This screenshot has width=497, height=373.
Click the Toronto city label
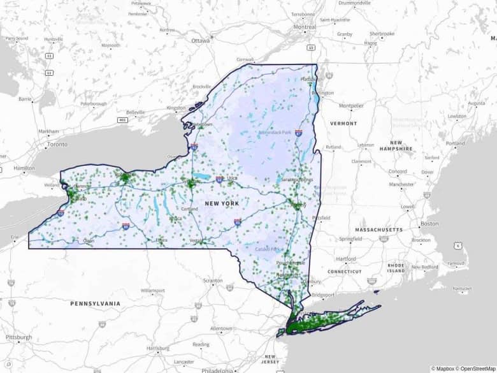(58, 145)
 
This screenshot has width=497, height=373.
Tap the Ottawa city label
(200, 40)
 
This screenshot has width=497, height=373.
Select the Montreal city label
(305, 27)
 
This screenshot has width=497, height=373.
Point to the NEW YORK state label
(222, 203)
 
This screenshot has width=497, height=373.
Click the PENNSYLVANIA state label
(96, 304)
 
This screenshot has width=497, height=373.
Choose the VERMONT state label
(343, 122)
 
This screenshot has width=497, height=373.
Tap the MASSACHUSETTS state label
(379, 230)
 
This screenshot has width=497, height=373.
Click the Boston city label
(429, 224)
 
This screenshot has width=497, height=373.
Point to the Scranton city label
(213, 281)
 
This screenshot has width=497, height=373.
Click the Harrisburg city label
(157, 348)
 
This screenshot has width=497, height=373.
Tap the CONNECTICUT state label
(345, 271)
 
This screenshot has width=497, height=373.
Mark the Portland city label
(455, 143)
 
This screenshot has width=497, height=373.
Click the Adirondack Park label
(274, 133)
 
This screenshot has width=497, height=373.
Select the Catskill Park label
(268, 248)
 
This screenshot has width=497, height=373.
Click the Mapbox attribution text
(446, 368)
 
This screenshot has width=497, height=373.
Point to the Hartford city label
(346, 259)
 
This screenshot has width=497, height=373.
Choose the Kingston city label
(175, 108)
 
